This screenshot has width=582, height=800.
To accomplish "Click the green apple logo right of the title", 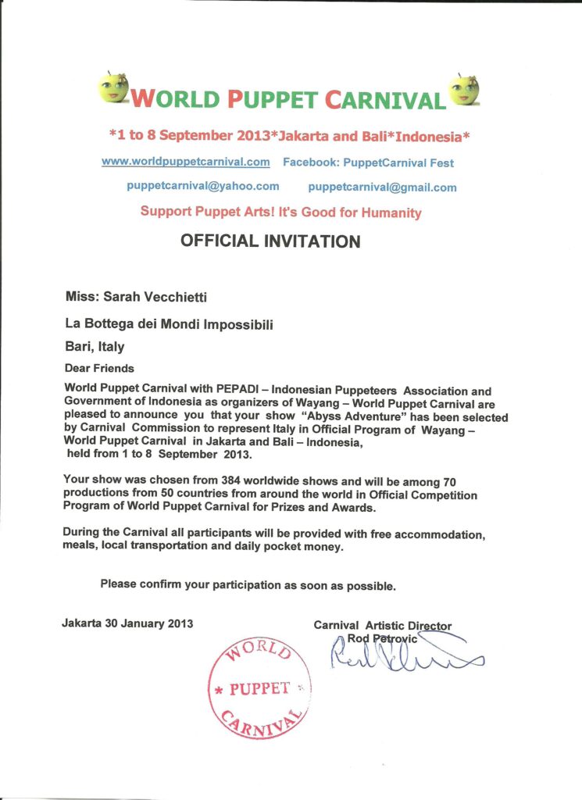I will coord(463,89).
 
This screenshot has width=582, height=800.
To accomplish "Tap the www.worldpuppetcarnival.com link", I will coord(186,162).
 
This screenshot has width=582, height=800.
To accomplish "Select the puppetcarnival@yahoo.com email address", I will coord(203,186).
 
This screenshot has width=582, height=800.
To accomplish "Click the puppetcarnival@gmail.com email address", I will coord(382,187).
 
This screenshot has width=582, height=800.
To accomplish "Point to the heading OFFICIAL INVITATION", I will coord(270,241).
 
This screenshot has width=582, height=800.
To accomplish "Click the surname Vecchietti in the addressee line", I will coord(177,297).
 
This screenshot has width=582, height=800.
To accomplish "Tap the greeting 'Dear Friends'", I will coord(99,368).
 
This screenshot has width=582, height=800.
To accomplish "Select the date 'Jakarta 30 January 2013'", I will coord(127,623).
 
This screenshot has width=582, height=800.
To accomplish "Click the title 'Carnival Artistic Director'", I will coord(382,625).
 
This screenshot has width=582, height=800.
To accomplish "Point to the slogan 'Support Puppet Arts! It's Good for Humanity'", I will coord(280,212).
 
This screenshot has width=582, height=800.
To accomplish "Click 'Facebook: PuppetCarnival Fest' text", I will coord(368,162).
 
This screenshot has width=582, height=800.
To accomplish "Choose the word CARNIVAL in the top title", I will coord(384,99).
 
